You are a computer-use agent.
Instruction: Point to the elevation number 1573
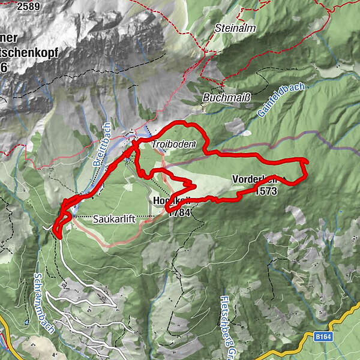click(x=265, y=191)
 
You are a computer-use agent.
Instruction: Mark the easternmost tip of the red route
click(x=307, y=161)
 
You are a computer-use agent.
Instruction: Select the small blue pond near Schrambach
click(x=28, y=323)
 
